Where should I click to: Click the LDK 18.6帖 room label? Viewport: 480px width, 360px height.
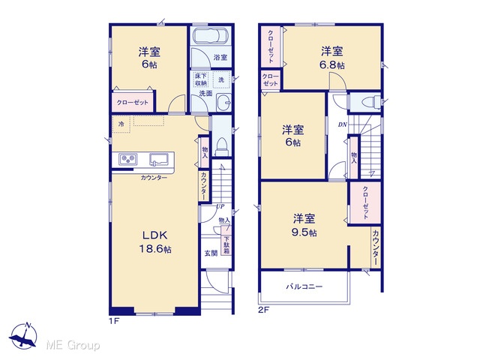tap(155, 241)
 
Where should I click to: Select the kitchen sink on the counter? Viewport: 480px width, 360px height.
tap(158, 160)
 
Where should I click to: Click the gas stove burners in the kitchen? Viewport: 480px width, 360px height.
tap(128, 160)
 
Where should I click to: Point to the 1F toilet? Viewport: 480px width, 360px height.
tap(221, 146)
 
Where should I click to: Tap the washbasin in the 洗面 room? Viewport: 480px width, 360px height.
tap(223, 102)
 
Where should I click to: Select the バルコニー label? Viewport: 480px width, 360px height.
tap(304, 286)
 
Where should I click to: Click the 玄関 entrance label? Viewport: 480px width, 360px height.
tap(211, 253)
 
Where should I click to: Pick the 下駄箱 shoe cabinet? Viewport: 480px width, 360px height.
tap(226, 245)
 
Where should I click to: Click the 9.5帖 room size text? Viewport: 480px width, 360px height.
tap(304, 232)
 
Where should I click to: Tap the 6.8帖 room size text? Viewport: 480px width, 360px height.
tap(332, 65)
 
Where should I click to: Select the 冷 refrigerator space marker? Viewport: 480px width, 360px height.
tap(121, 124)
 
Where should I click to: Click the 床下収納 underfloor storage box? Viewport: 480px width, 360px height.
tap(201, 79)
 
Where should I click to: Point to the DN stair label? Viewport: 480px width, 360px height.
tap(343, 124)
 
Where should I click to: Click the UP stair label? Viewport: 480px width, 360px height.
tap(220, 206)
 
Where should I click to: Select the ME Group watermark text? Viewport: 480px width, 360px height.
tap(73, 345)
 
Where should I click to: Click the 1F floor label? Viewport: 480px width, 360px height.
tap(114, 321)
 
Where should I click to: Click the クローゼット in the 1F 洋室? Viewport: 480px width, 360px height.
tap(133, 102)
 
